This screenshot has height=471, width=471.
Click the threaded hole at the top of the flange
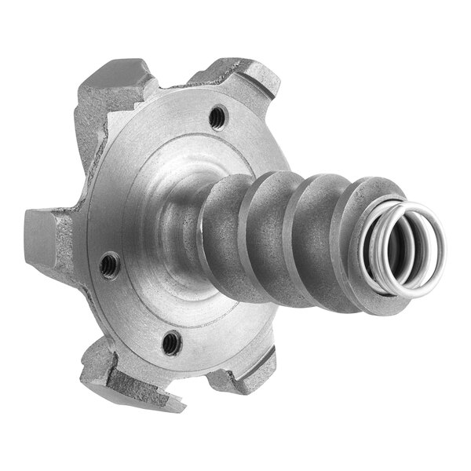click(x=217, y=118)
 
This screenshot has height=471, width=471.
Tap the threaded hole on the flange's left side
click(x=111, y=264)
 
